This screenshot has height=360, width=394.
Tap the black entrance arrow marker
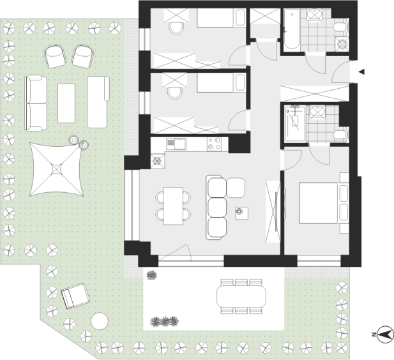[361, 72]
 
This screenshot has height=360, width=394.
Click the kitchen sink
[176, 144]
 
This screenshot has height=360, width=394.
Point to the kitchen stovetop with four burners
[215, 144]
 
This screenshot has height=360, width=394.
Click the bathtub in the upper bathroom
[292, 29]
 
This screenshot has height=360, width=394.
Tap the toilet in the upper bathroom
[340, 27]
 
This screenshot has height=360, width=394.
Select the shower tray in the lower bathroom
[295, 124]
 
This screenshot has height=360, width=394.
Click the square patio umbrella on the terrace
[56, 169]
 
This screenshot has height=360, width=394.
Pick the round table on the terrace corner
[100, 321]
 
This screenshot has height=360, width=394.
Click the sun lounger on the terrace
[75, 296]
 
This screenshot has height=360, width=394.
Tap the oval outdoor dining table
[241, 296]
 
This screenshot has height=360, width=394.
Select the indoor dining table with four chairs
[173, 206]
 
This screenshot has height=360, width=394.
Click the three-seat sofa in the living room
[216, 207]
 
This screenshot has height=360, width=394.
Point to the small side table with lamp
[242, 213]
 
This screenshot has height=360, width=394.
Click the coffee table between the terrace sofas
[66, 103]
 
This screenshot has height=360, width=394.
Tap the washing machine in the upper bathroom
[342, 43]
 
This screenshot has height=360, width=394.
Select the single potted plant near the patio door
[151, 275]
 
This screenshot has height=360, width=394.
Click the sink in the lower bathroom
[317, 111]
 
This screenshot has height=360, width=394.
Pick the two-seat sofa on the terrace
[36, 103]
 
